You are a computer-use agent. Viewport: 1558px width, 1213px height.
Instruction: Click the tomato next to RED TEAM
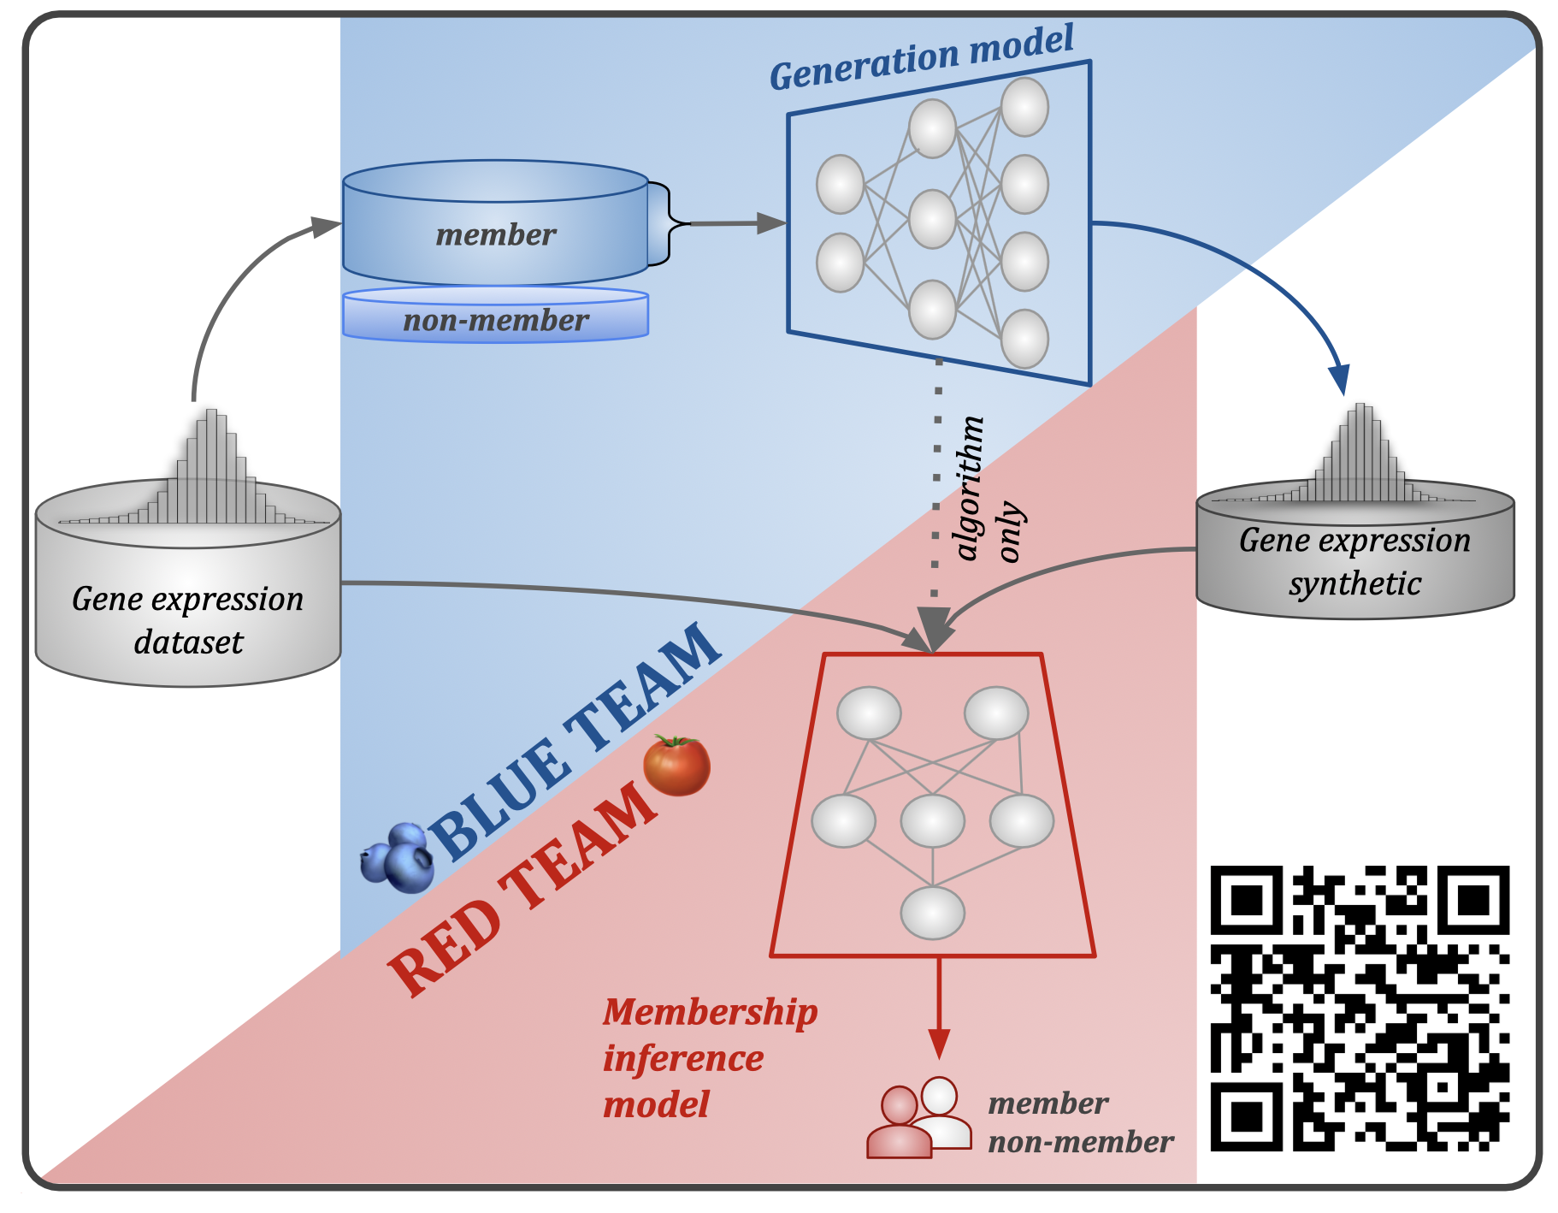pos(676,765)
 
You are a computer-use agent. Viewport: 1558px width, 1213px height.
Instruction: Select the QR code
pos(1359,1007)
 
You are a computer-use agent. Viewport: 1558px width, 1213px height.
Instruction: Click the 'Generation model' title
pos(921,57)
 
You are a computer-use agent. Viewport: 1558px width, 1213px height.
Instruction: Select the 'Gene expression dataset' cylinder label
pos(188,620)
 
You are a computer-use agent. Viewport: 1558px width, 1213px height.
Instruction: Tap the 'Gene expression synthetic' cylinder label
pos(1354,561)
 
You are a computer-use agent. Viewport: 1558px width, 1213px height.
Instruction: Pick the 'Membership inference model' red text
pos(708,1058)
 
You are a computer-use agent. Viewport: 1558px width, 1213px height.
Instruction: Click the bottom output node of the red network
pos(932,913)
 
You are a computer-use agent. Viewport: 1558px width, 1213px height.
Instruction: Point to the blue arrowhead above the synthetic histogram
pos(1339,380)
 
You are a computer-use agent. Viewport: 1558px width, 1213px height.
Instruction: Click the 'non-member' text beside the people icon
pos(1080,1142)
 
